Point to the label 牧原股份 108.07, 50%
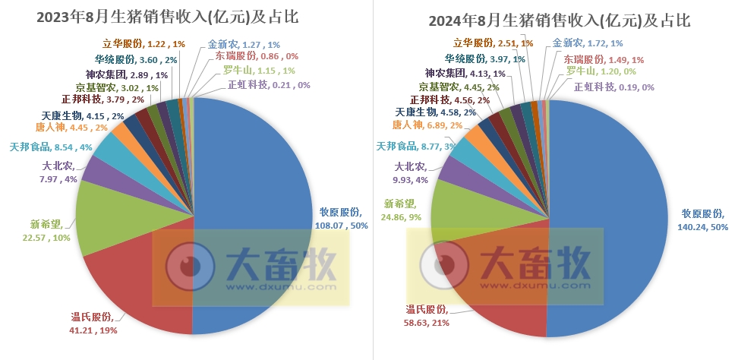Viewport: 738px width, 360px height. [342, 219]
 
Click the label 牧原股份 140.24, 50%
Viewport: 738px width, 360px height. [703, 220]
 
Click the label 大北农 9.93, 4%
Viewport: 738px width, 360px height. [414, 173]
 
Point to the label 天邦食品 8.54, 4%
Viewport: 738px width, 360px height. [50, 146]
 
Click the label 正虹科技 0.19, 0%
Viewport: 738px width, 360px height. [614, 87]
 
